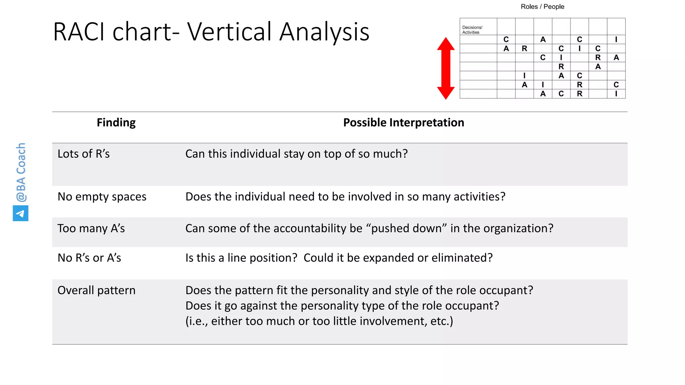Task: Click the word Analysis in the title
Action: [324, 32]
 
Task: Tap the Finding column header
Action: [116, 123]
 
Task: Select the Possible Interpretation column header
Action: [403, 123]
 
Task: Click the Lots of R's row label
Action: [84, 154]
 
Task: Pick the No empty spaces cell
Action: [102, 197]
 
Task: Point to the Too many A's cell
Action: [91, 228]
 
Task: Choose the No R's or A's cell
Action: [89, 258]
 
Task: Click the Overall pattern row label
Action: [96, 290]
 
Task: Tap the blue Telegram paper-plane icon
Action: [20, 213]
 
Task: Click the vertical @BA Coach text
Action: [21, 172]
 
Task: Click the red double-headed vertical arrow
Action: [446, 68]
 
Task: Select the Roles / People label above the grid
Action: [542, 7]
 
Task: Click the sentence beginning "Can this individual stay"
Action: [296, 154]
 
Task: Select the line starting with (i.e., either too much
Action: [319, 321]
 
